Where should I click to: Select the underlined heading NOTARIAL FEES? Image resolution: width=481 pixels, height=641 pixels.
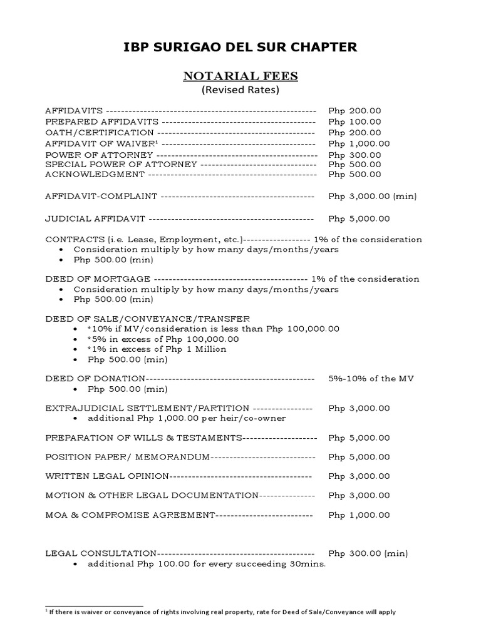[x=240, y=76]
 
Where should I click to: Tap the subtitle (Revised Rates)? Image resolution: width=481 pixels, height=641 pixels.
[x=240, y=90]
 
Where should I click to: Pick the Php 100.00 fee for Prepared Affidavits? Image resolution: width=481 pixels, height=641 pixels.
[x=354, y=121]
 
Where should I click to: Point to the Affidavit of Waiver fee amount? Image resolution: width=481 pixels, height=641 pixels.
[x=359, y=143]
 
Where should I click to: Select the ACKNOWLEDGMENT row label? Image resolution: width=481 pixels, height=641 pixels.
[x=94, y=174]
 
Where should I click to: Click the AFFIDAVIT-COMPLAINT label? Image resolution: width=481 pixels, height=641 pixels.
[x=101, y=196]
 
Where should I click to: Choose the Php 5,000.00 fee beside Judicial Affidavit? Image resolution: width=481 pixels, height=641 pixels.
[x=359, y=218]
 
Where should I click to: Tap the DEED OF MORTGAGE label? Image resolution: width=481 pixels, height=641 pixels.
[x=97, y=279]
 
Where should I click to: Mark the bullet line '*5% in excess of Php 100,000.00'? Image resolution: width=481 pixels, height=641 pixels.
[x=163, y=339]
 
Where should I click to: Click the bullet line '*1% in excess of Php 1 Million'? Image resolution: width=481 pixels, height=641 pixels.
[x=157, y=349]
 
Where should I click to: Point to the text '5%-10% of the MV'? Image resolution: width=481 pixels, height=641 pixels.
[x=371, y=379]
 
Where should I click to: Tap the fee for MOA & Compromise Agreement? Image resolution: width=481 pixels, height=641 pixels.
[x=359, y=515]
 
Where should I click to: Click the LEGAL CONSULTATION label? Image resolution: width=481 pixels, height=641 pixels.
[x=100, y=553]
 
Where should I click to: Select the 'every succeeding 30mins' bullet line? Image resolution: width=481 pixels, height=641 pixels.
[x=207, y=564]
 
